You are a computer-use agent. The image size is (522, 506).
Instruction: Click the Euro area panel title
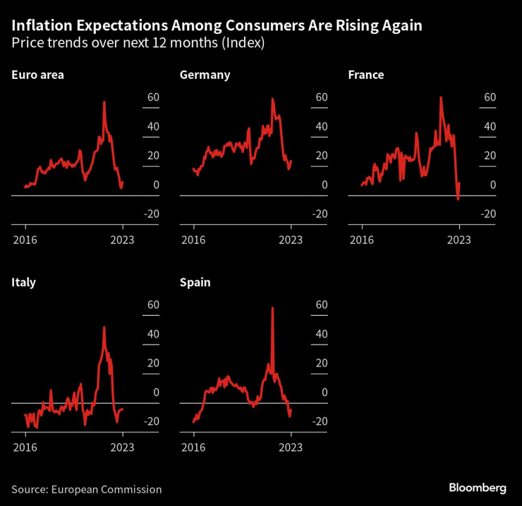[37, 75]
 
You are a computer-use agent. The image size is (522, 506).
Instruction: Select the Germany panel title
[205, 75]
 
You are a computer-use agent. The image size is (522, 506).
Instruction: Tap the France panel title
[365, 75]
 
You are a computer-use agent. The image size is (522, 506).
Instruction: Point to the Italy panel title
[23, 283]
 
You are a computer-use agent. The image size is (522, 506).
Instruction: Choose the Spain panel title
[195, 283]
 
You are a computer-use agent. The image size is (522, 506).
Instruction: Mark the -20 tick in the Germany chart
[320, 214]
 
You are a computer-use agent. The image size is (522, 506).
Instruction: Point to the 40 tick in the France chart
[488, 127]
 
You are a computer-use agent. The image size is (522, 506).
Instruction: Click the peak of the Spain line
[272, 308]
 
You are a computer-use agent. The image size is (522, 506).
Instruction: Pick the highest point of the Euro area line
[104, 102]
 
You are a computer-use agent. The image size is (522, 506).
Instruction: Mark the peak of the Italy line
[104, 327]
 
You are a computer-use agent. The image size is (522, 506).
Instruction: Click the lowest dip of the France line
[458, 199]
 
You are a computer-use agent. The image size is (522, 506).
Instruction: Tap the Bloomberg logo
[478, 488]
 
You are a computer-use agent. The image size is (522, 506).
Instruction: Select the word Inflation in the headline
[43, 25]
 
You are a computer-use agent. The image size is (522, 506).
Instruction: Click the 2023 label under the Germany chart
[291, 240]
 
